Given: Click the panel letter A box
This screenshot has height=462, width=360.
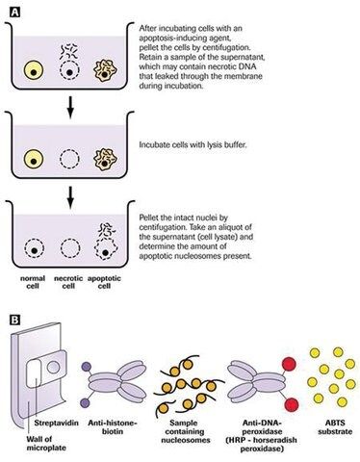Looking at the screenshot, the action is (14, 13).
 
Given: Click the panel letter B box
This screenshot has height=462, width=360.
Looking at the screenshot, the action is (14, 320).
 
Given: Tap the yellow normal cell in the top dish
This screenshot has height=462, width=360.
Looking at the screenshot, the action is (34, 71).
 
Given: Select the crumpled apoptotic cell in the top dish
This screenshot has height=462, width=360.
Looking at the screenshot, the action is (105, 71).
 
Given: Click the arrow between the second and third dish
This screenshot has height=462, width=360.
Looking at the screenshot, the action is (70, 196).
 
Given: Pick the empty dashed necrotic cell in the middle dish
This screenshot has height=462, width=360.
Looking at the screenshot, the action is (69, 159).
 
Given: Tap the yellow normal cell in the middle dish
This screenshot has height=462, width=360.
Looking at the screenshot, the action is (34, 159).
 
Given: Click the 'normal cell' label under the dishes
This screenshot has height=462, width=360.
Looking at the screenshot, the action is (33, 282).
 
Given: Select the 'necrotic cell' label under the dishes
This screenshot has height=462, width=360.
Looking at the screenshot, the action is (68, 282).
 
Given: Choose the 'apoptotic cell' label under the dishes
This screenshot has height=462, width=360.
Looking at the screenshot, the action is (104, 282).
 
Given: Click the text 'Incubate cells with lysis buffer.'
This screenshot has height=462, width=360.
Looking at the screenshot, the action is (193, 144).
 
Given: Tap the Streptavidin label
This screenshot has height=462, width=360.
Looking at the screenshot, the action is (56, 423).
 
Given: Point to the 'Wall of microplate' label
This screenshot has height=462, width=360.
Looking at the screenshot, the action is (46, 444).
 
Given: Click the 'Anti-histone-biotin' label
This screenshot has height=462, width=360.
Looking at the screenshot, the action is (113, 427).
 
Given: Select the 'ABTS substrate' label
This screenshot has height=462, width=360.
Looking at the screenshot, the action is (335, 427).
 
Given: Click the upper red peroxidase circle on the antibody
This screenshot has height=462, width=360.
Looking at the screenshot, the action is (289, 364).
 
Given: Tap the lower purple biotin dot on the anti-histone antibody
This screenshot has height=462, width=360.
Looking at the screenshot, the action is (85, 402).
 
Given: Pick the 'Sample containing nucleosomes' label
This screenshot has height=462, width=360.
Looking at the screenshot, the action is (186, 431).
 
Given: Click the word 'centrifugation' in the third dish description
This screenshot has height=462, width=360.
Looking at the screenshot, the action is (162, 227).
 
